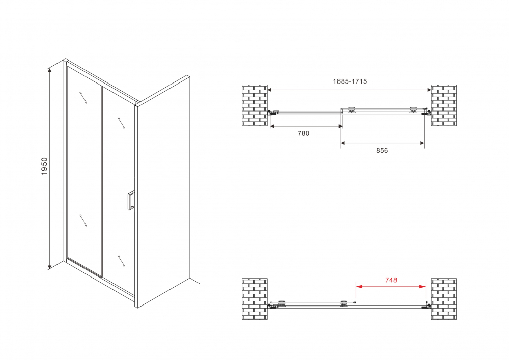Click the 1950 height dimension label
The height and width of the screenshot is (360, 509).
[44, 166]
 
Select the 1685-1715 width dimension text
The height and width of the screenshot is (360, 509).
[350, 81]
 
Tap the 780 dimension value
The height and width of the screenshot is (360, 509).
[303, 133]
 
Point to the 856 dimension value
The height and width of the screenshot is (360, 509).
[382, 150]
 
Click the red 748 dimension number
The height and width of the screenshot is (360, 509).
[391, 280]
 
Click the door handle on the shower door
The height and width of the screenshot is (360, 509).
[130, 201]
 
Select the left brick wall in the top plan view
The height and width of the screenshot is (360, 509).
[255, 105]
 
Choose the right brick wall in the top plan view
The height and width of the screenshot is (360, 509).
[443, 105]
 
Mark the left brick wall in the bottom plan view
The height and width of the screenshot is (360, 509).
[255, 299]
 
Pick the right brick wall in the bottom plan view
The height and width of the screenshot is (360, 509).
[443, 299]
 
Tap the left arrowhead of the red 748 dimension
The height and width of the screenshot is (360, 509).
[359, 286]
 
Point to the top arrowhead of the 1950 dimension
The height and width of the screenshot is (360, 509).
[49, 71]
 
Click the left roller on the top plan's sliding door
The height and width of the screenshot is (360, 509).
[351, 110]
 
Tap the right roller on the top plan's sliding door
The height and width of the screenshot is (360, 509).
[413, 110]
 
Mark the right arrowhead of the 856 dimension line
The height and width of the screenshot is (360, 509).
[421, 143]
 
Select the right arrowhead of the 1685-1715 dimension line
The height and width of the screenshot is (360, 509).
[428, 90]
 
